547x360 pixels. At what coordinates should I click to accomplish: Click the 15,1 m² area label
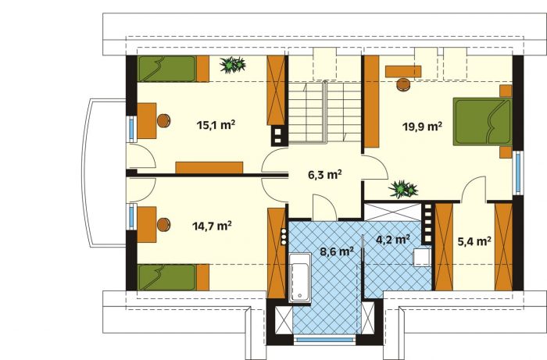216,125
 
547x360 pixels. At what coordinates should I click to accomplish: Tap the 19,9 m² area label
423,126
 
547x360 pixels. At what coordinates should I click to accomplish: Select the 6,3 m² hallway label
325,174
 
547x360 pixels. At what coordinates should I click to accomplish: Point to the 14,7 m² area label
212,226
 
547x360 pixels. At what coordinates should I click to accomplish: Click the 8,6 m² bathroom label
337,251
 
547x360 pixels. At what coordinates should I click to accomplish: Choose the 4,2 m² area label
393,240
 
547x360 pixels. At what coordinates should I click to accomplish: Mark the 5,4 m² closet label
474,241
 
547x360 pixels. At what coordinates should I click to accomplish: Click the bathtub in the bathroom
299,277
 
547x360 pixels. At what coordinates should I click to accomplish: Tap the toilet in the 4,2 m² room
422,258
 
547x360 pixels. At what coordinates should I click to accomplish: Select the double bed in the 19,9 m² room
482,122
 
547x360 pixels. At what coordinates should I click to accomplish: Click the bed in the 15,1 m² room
173,69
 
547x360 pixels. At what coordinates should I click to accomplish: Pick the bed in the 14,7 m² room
173,277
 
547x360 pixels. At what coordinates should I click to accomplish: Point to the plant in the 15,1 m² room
232,65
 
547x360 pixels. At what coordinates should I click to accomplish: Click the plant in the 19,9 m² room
403,189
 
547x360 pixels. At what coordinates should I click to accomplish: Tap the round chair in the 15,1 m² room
163,120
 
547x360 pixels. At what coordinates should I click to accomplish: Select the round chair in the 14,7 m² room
163,225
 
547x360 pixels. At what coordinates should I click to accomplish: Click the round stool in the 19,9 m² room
404,84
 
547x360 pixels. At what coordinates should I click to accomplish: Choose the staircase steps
325,112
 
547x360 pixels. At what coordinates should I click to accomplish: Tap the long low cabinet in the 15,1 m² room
209,168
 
